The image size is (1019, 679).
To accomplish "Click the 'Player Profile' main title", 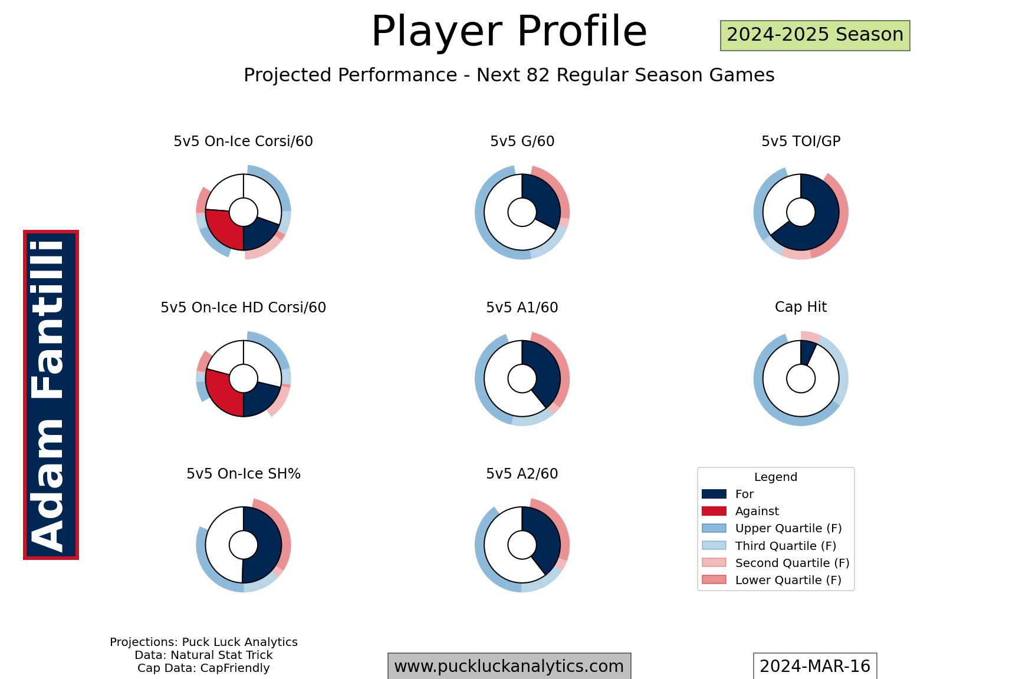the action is coord(509,31).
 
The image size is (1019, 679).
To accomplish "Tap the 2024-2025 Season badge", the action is coord(815,35).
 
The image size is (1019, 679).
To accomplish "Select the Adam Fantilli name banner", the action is coord(51,395).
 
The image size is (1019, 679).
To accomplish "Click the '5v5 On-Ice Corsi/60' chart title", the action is coord(243,141).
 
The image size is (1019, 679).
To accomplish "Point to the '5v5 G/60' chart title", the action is coord(522,141).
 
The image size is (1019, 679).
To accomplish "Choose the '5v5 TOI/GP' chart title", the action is coord(801,141).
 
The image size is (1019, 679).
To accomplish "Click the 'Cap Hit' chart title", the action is coord(801,307).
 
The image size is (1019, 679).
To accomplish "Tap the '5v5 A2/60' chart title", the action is coord(522,474).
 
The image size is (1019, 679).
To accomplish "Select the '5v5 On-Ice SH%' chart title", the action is coord(244,474).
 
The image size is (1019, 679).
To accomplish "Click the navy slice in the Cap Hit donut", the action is coord(807,352).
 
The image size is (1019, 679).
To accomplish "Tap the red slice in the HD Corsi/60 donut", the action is coord(223,394).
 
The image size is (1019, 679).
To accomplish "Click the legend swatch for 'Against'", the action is coord(714,511).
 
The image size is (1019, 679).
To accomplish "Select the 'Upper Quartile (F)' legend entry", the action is coord(772,529).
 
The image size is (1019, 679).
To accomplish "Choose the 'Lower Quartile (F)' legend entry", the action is coord(772,580).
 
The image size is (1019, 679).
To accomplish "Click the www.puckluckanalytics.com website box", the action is coord(509,666).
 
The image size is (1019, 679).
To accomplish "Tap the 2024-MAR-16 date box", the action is coord(815,666).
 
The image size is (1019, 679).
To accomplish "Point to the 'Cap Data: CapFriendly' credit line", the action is coord(203,668).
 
